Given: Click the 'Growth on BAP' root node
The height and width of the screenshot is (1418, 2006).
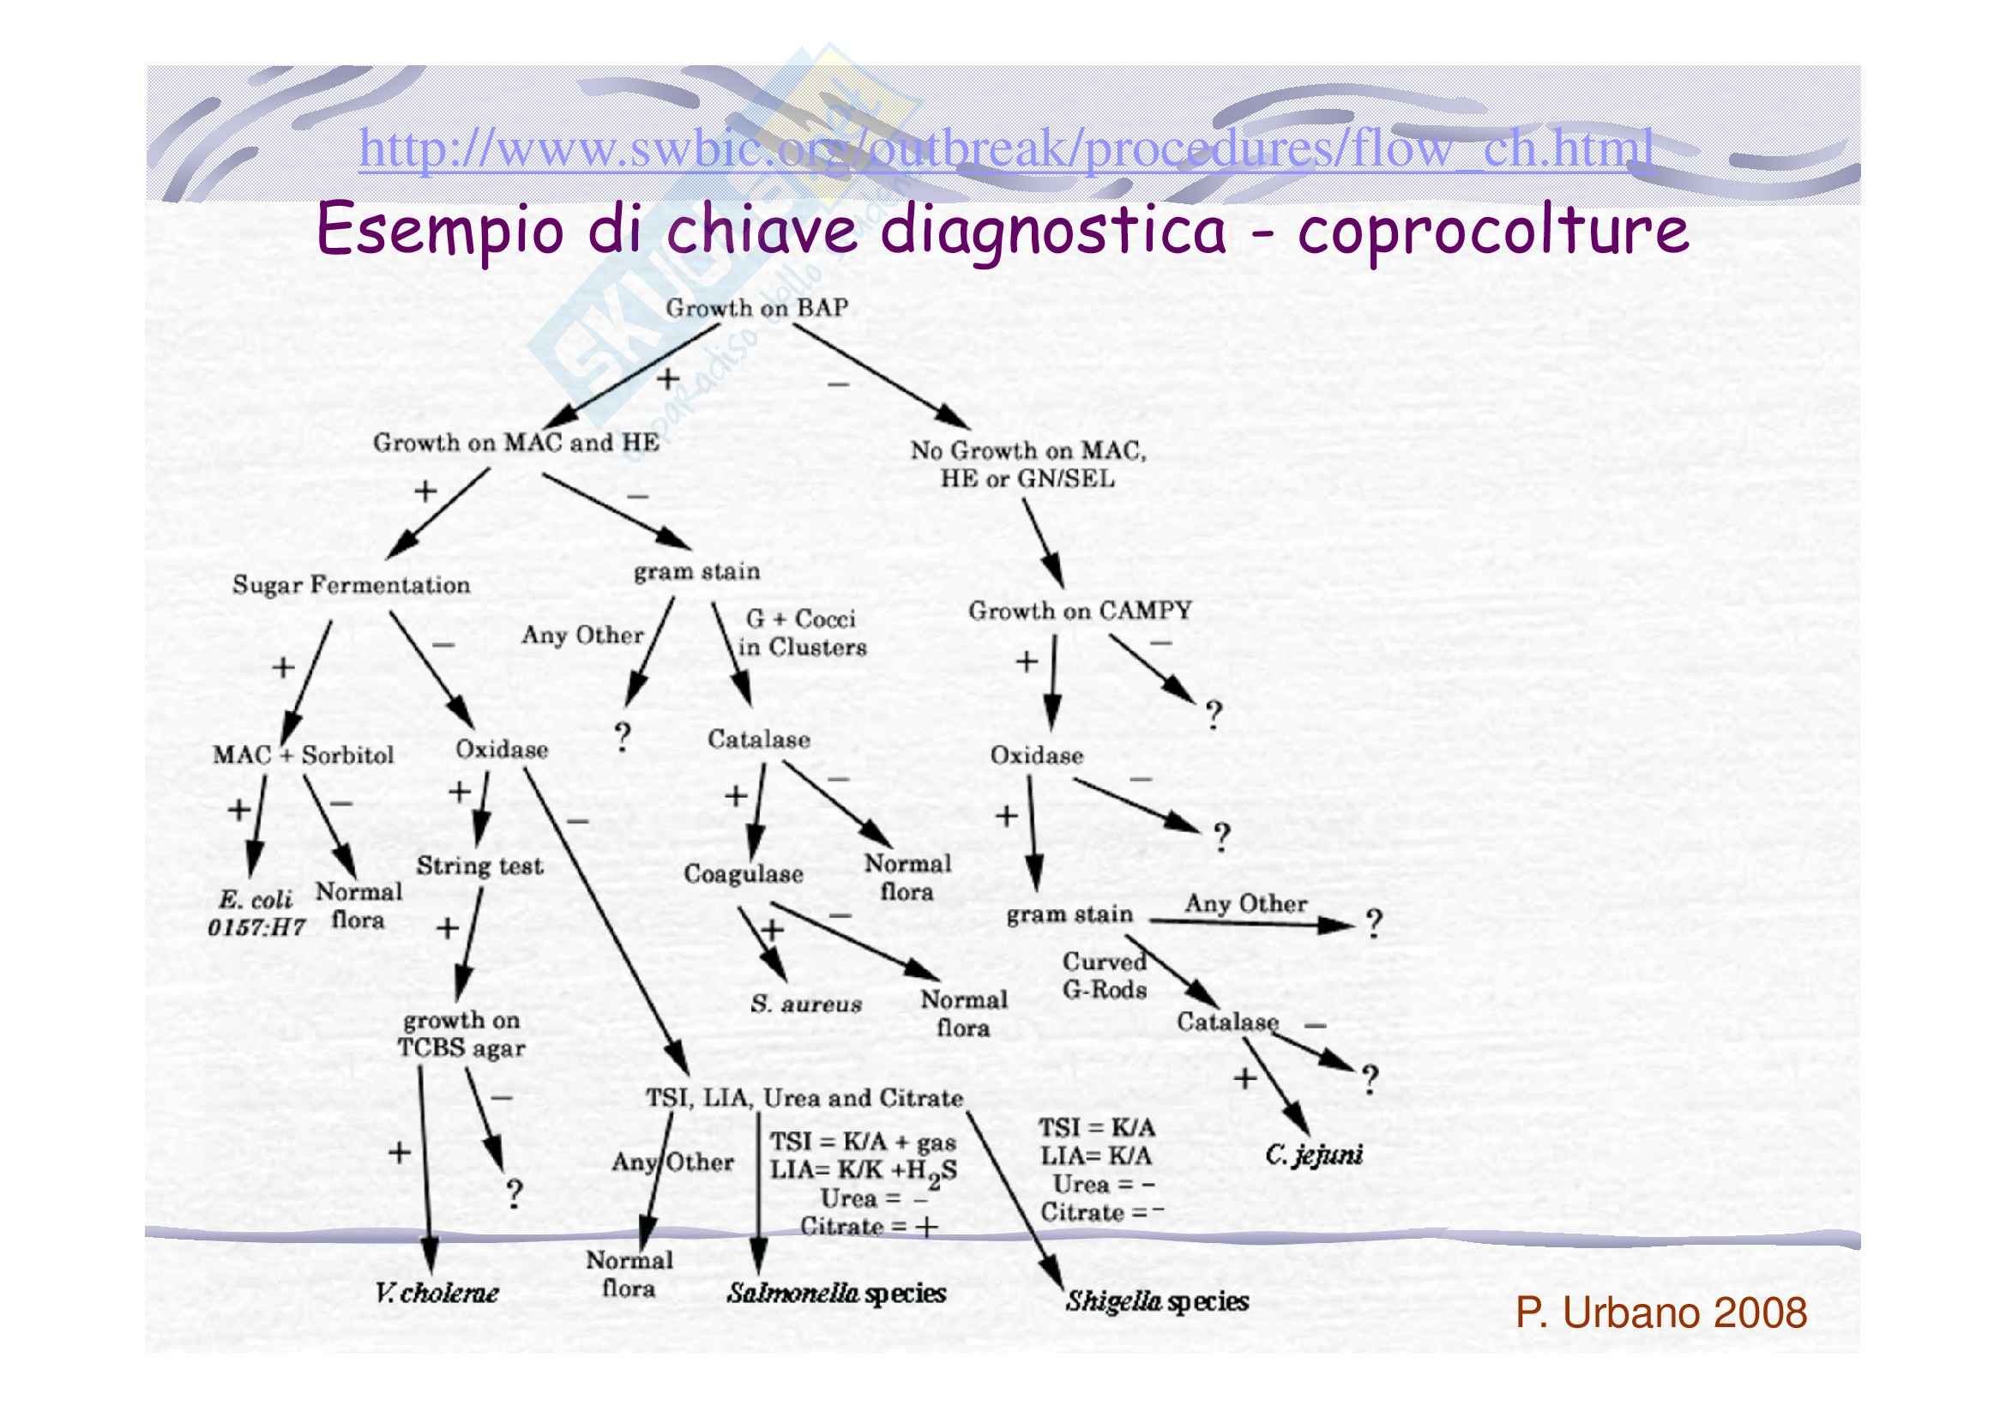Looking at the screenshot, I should (756, 309).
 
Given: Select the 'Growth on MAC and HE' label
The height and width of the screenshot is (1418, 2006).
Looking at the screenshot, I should (515, 443).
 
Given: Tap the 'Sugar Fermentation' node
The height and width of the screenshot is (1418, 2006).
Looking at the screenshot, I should (352, 585).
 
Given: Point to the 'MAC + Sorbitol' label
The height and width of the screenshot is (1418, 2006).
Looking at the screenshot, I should (303, 755).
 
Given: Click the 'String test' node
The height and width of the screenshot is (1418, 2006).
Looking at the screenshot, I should (479, 866).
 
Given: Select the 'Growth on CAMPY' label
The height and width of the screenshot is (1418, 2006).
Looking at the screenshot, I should (1080, 611).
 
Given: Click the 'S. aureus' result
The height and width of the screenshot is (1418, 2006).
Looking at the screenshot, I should (805, 1004).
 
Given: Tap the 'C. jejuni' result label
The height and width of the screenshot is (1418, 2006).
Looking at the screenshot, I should (1313, 1155).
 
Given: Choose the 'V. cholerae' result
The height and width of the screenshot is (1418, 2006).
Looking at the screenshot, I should (437, 1293).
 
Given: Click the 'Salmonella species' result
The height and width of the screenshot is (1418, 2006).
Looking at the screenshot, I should (836, 1293).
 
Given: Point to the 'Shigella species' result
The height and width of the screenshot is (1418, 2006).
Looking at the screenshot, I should (1157, 1302).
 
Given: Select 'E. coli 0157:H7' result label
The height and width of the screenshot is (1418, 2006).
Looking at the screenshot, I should (256, 913).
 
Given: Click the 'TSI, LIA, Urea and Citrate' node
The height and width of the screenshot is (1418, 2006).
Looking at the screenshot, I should (804, 1098).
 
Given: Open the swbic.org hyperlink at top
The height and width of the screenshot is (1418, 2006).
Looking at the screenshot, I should (1005, 148).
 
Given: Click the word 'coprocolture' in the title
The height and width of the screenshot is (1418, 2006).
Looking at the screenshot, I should (1492, 230).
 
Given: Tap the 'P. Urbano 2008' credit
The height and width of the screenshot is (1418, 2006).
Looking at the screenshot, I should (1661, 1312).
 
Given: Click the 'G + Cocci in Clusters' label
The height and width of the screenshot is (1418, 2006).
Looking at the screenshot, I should (801, 633).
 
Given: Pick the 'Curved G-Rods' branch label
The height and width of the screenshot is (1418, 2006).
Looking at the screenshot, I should (1105, 976).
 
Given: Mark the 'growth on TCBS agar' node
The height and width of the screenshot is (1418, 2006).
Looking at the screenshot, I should (461, 1035).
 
